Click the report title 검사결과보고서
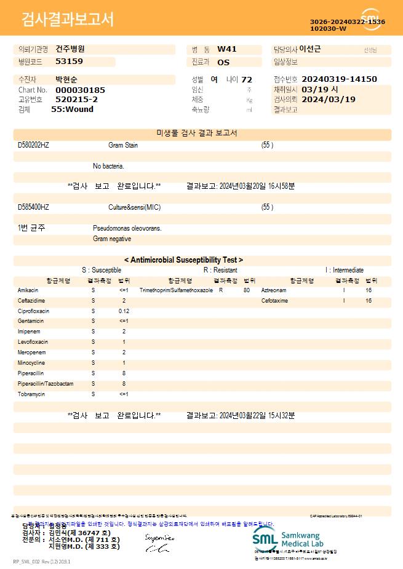click(68, 20)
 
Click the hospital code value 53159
click(69, 62)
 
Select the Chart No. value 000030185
click(80, 90)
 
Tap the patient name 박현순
click(66, 80)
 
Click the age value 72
click(247, 80)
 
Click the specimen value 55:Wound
click(72, 109)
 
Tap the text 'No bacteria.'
click(108, 166)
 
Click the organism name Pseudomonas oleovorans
click(127, 228)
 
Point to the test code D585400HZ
click(33, 207)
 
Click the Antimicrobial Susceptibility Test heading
click(183, 260)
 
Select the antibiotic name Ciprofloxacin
click(33, 311)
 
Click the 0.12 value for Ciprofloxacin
click(124, 311)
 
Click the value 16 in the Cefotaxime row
click(369, 301)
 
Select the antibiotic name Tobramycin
click(30, 394)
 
